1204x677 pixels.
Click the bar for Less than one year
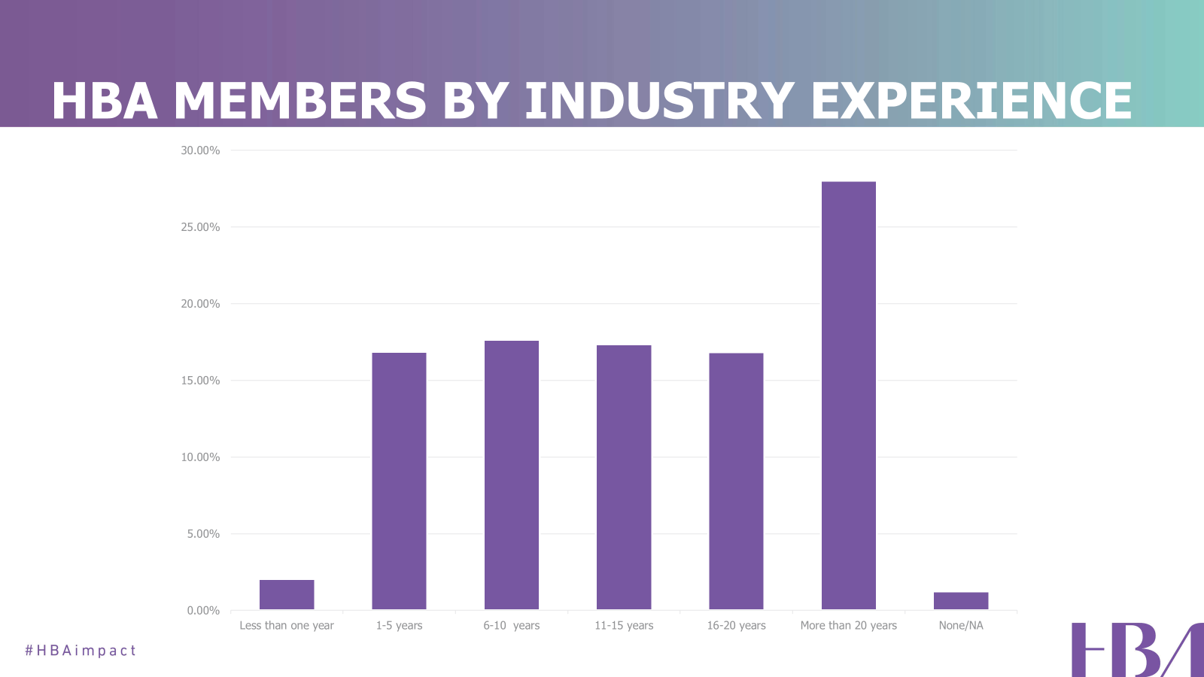coord(287,594)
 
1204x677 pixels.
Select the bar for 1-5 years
coord(399,481)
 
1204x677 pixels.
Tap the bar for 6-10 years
coord(512,475)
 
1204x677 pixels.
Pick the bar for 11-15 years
coord(624,478)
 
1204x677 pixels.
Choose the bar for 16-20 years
coord(736,481)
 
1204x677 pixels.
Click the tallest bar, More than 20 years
coord(849,396)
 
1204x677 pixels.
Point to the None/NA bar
coord(961,600)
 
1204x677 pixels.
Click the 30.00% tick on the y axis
coord(200,150)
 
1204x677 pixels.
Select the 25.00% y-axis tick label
coord(200,227)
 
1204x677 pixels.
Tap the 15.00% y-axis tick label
coord(200,381)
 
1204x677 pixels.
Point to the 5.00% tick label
coord(203,534)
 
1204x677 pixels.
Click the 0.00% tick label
coord(203,611)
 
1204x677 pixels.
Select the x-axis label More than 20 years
coord(849,626)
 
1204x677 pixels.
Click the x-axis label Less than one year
coord(287,626)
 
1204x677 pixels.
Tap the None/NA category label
coord(961,626)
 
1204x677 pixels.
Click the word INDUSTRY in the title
coord(659,101)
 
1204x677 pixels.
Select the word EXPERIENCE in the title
coord(971,101)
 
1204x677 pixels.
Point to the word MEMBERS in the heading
coord(299,101)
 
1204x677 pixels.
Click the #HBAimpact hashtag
coord(81,651)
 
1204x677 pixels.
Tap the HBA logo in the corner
coord(1136,650)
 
